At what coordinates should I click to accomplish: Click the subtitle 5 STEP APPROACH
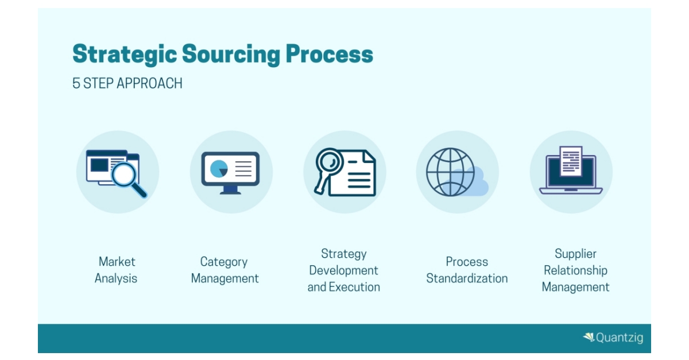[127, 83]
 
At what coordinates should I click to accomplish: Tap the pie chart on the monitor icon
[219, 168]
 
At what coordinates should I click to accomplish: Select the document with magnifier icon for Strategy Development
[345, 172]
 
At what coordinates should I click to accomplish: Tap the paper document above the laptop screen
[571, 160]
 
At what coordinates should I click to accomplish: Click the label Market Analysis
[117, 270]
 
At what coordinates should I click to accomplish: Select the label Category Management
[224, 270]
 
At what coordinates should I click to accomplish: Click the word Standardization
[467, 278]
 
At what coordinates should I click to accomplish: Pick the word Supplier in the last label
[575, 254]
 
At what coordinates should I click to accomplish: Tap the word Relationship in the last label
[575, 270]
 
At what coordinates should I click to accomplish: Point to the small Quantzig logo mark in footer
[589, 337]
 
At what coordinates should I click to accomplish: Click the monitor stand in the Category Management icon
[230, 189]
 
